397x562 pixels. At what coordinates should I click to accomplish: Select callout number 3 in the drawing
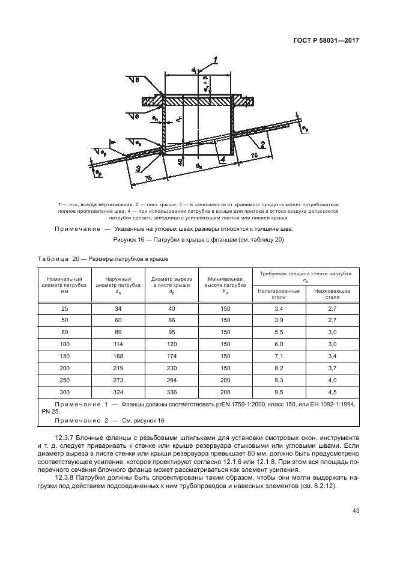[x=139, y=168]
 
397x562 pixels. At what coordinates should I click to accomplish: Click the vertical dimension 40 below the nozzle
[x=180, y=162]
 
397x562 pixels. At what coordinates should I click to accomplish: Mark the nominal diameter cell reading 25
[x=64, y=308]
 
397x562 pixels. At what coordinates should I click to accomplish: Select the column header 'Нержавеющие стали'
[x=332, y=293]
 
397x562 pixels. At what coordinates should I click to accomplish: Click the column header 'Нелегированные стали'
[x=278, y=293]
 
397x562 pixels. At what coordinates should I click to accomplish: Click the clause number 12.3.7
[x=67, y=437]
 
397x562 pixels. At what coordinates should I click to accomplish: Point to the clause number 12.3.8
[x=67, y=477]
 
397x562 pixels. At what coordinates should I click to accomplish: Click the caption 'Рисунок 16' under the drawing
[x=131, y=240]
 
